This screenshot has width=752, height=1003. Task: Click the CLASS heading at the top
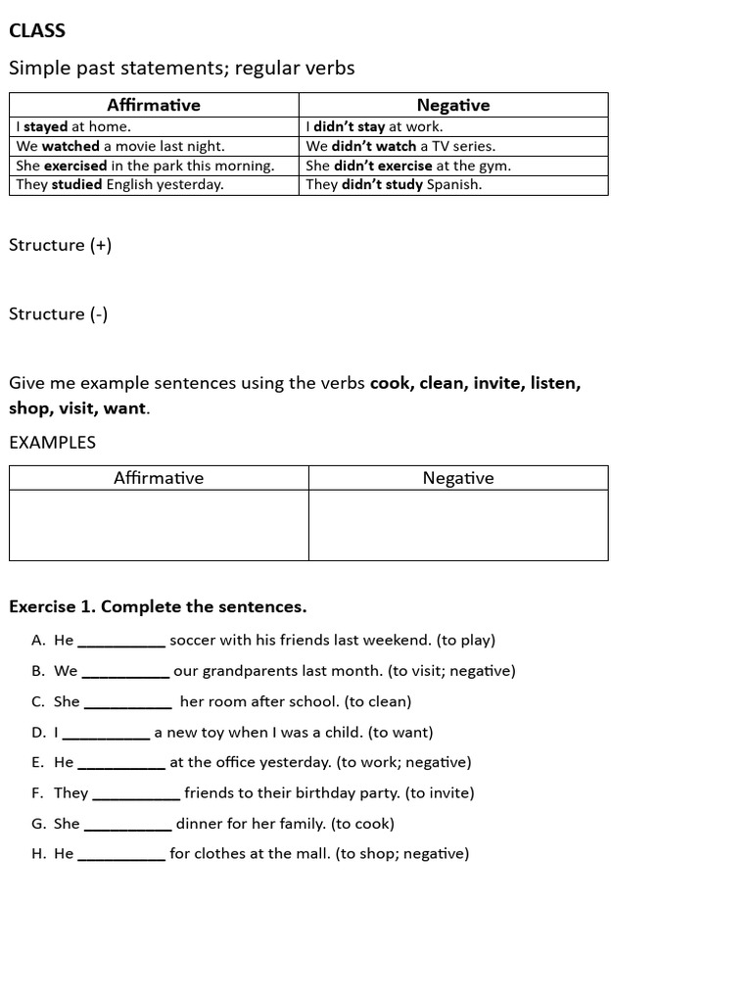pyautogui.click(x=37, y=30)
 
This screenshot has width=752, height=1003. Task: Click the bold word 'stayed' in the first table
pyautogui.click(x=46, y=126)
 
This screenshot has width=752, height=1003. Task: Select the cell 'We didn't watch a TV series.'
pyautogui.click(x=400, y=146)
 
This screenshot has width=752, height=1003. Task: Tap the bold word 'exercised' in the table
pyautogui.click(x=75, y=166)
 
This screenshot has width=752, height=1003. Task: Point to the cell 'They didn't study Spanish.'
pyautogui.click(x=394, y=184)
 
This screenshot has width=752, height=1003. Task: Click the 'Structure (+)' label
pyautogui.click(x=60, y=245)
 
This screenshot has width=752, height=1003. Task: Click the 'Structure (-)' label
pyautogui.click(x=58, y=313)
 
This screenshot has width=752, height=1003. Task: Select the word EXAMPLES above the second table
pyautogui.click(x=52, y=442)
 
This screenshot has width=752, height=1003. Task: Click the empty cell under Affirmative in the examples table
pyautogui.click(x=159, y=525)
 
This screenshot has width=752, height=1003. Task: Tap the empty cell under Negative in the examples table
pyautogui.click(x=458, y=525)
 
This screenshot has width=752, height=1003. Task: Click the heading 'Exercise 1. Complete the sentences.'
pyautogui.click(x=158, y=606)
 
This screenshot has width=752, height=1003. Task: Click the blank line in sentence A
pyautogui.click(x=121, y=643)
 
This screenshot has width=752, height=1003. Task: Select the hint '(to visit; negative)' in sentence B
pyautogui.click(x=451, y=671)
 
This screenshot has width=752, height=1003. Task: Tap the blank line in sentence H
pyautogui.click(x=121, y=855)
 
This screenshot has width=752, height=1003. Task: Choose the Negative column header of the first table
pyautogui.click(x=453, y=105)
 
